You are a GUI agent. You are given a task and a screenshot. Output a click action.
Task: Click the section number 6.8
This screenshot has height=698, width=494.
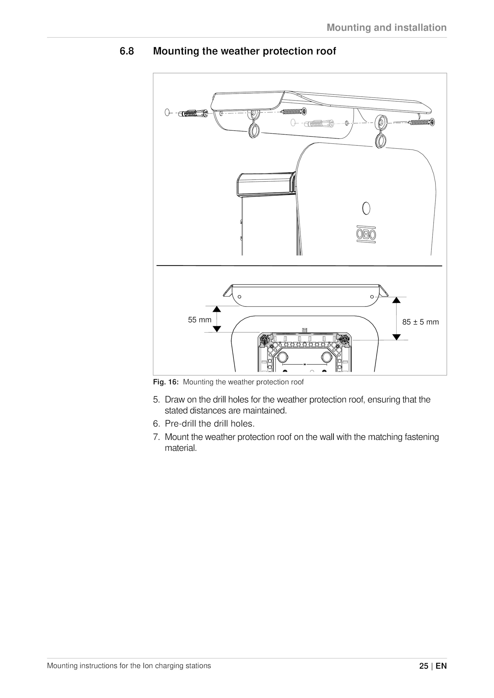[127, 51]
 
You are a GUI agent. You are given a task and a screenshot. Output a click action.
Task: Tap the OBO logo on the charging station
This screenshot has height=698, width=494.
[366, 234]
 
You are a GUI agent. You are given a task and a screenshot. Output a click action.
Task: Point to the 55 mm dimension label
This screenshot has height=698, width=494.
[200, 320]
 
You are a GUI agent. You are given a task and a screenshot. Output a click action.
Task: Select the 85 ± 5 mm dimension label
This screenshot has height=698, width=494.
[420, 322]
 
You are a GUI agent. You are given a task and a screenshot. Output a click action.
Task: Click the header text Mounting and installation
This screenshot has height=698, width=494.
[387, 27]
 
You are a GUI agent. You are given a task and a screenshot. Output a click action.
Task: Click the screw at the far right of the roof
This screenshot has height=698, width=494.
[422, 122]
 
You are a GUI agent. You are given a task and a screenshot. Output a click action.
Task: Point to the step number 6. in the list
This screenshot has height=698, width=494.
[157, 424]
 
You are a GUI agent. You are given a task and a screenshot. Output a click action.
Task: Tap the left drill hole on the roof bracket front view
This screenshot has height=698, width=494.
[239, 297]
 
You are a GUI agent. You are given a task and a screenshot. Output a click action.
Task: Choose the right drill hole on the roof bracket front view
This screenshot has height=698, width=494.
[372, 297]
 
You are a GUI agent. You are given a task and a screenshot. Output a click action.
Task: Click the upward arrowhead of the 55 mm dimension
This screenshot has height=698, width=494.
[217, 309]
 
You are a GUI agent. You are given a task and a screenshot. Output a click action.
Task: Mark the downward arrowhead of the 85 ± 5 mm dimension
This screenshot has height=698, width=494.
[397, 337]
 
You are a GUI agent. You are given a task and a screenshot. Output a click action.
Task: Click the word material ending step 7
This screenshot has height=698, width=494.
[181, 448]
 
